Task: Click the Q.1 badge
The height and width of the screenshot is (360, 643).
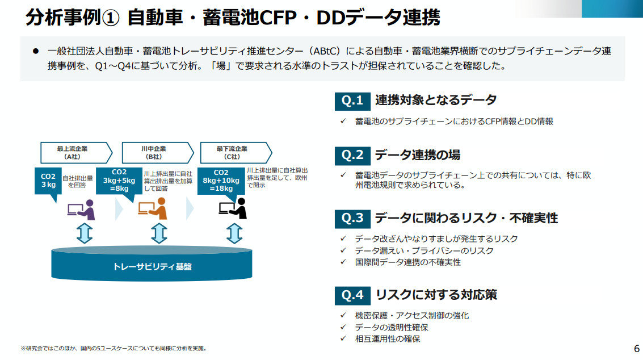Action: (x=352, y=101)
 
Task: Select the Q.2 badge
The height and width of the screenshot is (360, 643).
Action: (x=352, y=155)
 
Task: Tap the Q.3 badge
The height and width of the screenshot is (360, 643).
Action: (x=352, y=218)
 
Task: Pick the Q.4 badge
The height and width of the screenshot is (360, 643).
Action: (x=352, y=295)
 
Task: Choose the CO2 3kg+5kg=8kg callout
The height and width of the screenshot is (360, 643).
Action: (x=119, y=181)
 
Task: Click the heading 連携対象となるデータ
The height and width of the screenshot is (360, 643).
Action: (x=436, y=101)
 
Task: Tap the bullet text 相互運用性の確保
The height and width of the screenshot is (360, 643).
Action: (x=388, y=339)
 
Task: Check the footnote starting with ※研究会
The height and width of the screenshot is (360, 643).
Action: (x=114, y=348)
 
